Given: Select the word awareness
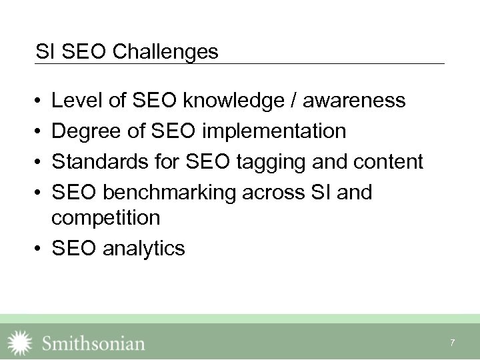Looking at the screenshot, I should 354,101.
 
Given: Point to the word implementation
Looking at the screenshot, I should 274,131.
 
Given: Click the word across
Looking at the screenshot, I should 274,193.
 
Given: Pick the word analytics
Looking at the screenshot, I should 144,249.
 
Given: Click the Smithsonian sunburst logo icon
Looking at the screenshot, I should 19,343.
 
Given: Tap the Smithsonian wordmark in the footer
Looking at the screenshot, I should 93,343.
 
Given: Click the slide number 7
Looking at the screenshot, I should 453,343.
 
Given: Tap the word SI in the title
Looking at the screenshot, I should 45,51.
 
